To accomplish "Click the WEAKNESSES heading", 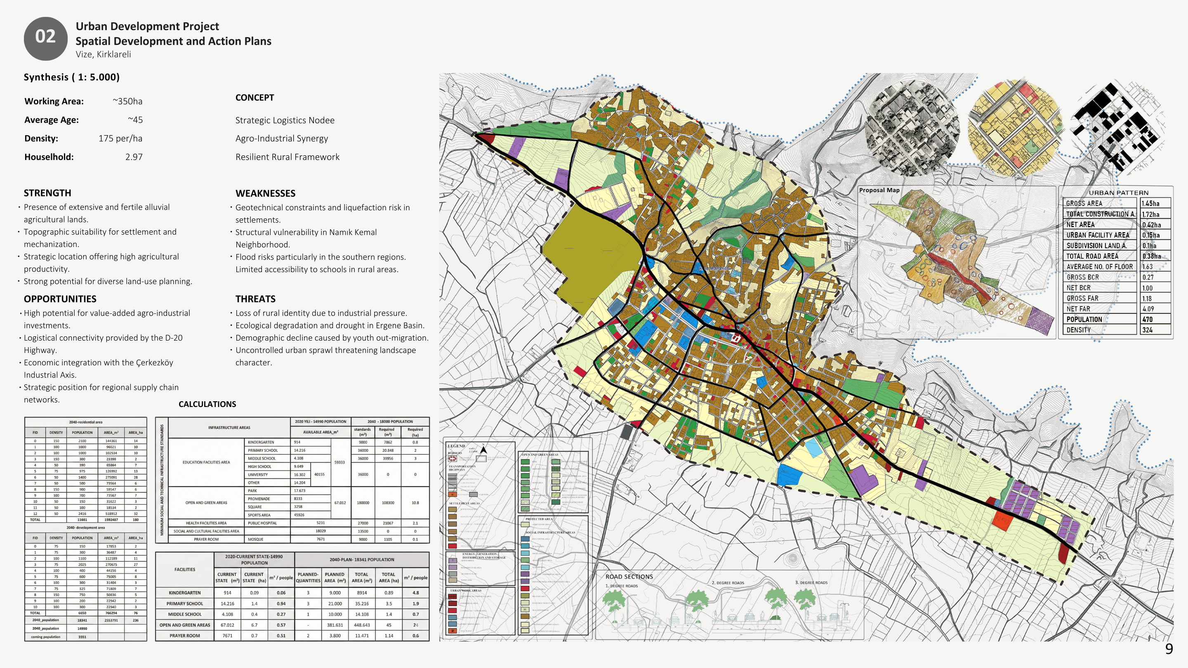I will (265, 193).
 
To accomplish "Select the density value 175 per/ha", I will (120, 138).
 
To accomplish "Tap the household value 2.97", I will (134, 157).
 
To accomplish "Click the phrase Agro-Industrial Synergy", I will (281, 138).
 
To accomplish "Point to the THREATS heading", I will (255, 299).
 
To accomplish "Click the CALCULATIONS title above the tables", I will (207, 404).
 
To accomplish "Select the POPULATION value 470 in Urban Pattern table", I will (1148, 320).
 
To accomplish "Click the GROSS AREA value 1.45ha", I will (1150, 203).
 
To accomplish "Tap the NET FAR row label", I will (1078, 309).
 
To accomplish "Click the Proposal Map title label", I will (879, 190).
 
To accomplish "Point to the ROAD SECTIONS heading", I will (629, 577).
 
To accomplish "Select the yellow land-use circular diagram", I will (1015, 128).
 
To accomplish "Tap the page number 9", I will (1169, 649).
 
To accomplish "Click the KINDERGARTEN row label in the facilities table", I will (184, 593).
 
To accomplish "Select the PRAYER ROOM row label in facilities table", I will (184, 636).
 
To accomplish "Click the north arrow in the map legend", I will (483, 449).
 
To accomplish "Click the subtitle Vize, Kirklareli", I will (103, 54).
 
